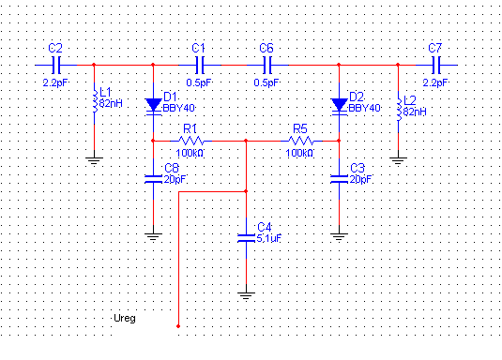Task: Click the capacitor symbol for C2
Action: point(56,65)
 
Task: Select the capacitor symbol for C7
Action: point(436,65)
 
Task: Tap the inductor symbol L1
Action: point(95,102)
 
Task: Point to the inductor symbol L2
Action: point(399,111)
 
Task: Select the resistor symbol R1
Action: point(190,141)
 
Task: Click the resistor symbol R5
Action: point(301,141)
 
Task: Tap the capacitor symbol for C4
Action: point(246,238)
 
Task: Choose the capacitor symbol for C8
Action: point(153,179)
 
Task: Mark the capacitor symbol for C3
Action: point(339,179)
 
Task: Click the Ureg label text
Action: point(125,319)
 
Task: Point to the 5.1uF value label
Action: point(269,238)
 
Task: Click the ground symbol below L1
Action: point(94,161)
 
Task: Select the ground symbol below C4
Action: point(246,296)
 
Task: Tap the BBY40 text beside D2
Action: point(364,108)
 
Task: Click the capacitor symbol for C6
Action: point(267,65)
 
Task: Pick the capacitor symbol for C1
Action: point(200,65)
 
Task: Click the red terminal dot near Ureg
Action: point(178,326)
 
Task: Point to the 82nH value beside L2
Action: point(415,112)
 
